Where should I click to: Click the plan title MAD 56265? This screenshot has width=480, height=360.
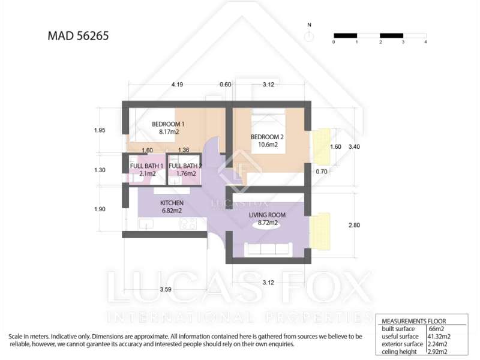tap(78, 35)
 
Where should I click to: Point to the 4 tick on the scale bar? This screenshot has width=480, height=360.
tap(425, 42)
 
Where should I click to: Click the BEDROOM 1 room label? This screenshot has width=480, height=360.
tap(168, 124)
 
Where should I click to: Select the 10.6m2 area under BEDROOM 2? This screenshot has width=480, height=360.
tap(268, 145)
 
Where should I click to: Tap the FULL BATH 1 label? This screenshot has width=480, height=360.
tap(146, 166)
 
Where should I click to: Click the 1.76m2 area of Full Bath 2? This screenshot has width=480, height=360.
tap(186, 173)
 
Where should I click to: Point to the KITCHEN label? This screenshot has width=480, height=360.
tap(172, 203)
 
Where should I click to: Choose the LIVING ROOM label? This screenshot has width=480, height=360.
tap(267, 215)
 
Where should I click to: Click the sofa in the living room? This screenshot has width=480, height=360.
tap(268, 249)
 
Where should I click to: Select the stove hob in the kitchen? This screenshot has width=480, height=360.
tap(188, 224)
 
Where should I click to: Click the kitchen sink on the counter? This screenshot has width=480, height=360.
tap(146, 224)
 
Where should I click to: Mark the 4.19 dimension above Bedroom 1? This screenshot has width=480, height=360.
tap(177, 85)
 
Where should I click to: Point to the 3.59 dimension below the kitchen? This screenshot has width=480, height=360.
tap(166, 289)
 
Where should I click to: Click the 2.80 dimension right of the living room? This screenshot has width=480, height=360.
tap(354, 225)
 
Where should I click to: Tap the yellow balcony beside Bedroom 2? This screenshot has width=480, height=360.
tap(322, 146)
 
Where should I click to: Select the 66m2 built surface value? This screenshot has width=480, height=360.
tap(436, 329)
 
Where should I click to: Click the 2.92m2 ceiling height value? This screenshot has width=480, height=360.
tap(437, 352)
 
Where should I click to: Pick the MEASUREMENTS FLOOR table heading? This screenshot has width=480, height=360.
tap(413, 321)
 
